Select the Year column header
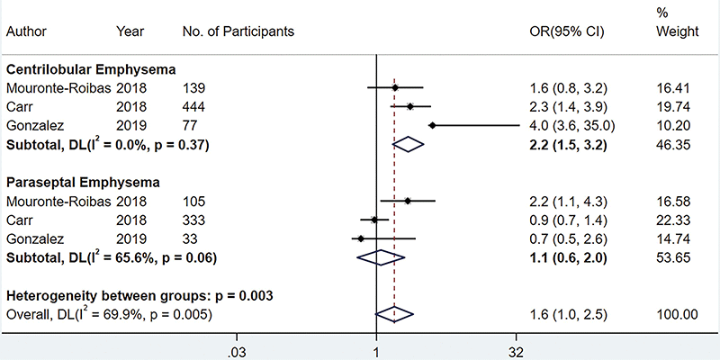pos(130,32)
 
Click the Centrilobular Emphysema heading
pos(91,69)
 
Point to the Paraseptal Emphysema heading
pos(84,183)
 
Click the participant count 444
pos(194,106)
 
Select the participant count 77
pos(190,125)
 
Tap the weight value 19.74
pos(675,106)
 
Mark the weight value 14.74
pos(675,238)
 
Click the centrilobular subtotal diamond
pos(409,144)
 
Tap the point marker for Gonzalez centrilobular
pos(433,125)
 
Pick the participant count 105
pos(194,202)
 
